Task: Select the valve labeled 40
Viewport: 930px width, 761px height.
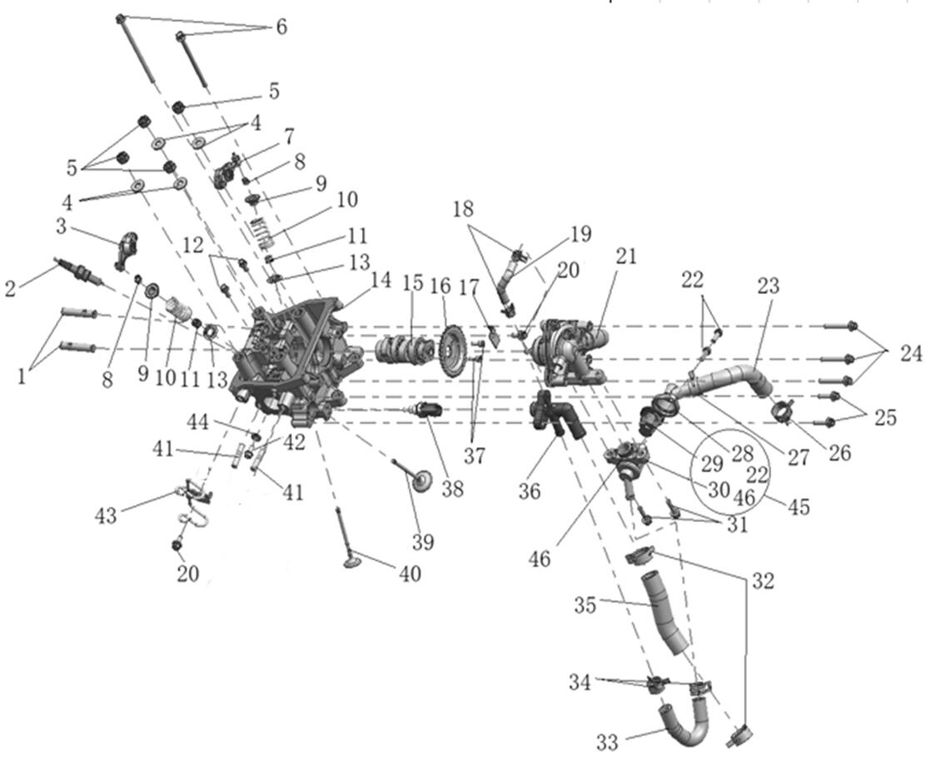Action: [349, 542]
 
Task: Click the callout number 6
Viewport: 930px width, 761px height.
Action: [281, 27]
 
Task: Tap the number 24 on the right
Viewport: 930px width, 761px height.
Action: [911, 353]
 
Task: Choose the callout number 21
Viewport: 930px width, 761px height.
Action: [625, 256]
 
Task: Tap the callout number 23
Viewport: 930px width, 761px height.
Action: [768, 286]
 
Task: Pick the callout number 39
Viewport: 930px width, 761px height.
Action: [424, 542]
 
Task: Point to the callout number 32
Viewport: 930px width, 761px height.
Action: [763, 580]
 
